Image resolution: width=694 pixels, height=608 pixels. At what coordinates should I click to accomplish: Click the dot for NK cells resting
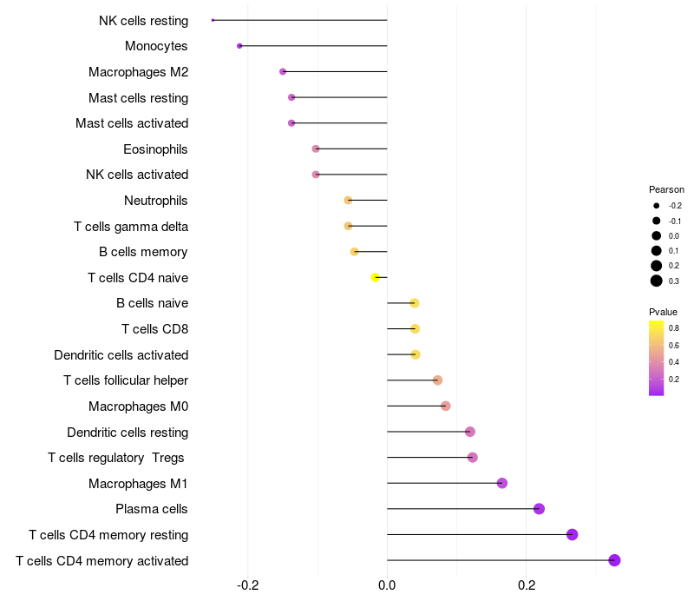[213, 20]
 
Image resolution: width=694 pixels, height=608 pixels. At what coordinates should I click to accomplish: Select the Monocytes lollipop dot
[239, 46]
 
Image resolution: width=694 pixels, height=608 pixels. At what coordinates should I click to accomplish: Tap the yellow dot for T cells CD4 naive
[376, 277]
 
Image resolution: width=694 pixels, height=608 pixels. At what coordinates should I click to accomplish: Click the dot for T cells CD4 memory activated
[614, 560]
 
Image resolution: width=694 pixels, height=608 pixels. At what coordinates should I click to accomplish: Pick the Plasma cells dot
[539, 509]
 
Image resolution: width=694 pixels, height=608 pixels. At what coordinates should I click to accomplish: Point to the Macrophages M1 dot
[502, 483]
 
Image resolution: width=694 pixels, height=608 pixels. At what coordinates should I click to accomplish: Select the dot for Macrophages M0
[446, 406]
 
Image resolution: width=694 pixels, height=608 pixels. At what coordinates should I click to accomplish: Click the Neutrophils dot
[348, 201]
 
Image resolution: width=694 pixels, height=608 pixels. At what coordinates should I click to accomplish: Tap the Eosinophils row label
[155, 149]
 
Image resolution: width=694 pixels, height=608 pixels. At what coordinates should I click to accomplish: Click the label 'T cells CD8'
[155, 329]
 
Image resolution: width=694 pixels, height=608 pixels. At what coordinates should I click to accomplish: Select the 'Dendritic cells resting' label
[128, 432]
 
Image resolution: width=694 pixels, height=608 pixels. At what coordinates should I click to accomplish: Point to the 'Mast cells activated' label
[132, 123]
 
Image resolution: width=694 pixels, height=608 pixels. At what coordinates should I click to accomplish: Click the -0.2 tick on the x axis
[247, 585]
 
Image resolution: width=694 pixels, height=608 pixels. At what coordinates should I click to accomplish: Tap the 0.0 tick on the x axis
[387, 585]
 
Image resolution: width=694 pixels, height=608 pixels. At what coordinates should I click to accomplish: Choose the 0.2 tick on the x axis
[527, 585]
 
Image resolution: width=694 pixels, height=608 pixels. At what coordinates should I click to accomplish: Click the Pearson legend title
[666, 189]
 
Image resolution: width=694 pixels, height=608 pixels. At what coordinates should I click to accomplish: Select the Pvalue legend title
[663, 312]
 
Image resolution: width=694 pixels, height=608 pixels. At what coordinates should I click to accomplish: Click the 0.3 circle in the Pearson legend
[657, 281]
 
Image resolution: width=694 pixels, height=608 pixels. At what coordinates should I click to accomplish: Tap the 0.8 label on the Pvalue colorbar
[674, 328]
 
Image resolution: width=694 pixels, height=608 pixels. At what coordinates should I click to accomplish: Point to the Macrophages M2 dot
[283, 72]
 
